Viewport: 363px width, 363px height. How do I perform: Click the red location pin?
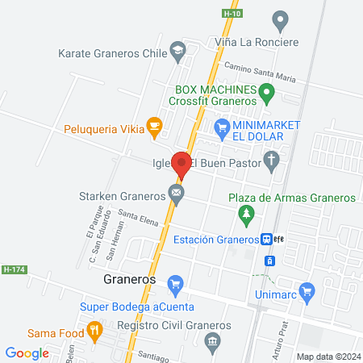181,165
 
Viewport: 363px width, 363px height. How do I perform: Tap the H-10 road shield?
232,13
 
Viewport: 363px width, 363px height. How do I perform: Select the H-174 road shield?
11,269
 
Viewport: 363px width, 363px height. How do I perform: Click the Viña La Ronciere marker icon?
281,19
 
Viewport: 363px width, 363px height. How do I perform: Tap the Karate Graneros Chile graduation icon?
176,53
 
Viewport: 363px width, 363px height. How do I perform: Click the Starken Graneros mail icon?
176,194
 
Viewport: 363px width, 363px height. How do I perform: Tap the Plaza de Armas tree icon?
247,214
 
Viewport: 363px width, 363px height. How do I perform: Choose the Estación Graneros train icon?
265,239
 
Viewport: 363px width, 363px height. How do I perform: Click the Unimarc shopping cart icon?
306,290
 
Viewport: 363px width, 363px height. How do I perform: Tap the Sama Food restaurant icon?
95,329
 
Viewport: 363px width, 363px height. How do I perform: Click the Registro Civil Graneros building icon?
212,342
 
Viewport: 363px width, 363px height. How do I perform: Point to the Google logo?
27,353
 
